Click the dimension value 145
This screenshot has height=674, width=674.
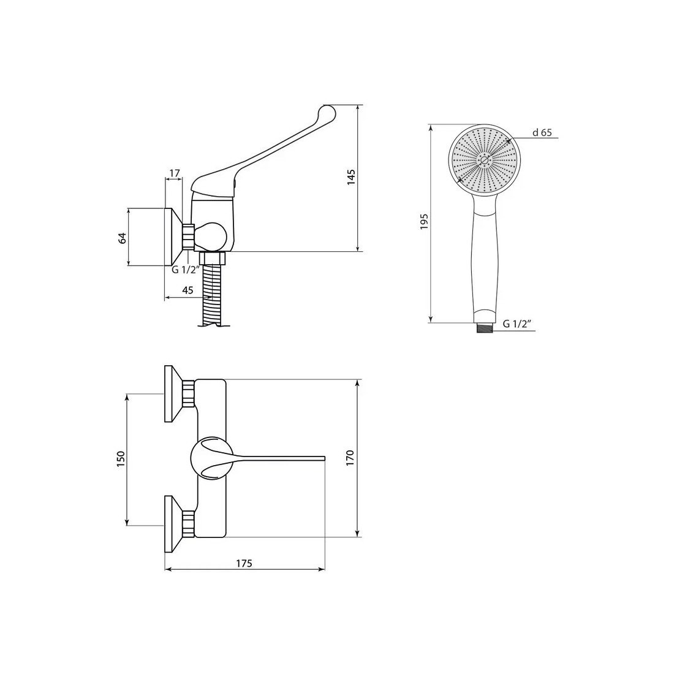352,177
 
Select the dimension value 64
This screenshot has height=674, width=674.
123,238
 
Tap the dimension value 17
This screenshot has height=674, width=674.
174,173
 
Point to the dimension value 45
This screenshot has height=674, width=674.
187,290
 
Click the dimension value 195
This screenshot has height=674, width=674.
425,221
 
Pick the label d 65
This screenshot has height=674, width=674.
542,132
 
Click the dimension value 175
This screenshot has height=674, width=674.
244,563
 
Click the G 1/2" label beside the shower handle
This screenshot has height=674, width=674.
518,324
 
